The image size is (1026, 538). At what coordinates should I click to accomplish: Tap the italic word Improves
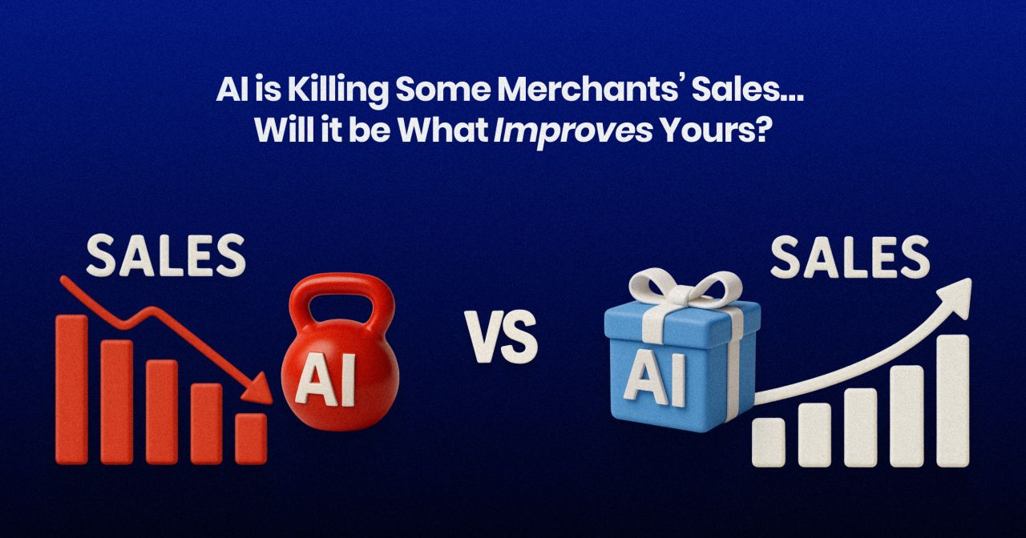(x=572, y=132)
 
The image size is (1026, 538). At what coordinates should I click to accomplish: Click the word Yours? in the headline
(x=713, y=130)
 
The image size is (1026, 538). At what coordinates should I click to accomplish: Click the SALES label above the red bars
(x=166, y=255)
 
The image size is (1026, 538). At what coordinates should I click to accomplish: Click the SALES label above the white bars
(x=850, y=258)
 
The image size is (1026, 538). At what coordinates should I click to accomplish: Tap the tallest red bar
(x=71, y=389)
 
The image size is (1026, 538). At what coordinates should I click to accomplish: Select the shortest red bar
(x=251, y=439)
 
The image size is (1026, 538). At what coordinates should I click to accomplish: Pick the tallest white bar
(x=953, y=401)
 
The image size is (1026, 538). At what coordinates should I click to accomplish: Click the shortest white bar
(x=768, y=443)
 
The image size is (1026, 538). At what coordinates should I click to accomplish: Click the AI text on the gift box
(x=656, y=380)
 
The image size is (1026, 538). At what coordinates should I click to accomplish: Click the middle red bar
(x=162, y=412)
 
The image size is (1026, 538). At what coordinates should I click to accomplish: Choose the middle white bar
(x=860, y=428)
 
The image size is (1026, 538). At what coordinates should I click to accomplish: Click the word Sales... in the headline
(x=747, y=90)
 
